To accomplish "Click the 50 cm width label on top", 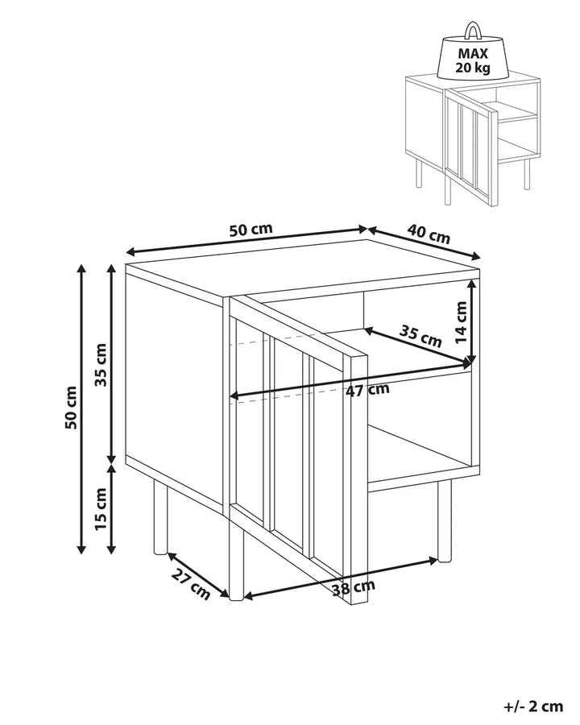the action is (251, 230).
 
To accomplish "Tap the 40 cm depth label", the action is (429, 234).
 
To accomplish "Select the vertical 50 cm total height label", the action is (71, 408).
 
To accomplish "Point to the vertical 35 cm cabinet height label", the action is (100, 364).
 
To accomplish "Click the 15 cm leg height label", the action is (100, 508).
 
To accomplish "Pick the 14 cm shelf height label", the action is (461, 322).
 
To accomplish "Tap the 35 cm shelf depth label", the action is (420, 336).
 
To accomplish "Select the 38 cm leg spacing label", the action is (354, 588).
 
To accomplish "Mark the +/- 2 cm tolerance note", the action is (533, 706).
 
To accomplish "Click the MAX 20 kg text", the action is (473, 60).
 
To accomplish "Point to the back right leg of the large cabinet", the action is (445, 521).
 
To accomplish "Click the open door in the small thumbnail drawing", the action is (470, 147).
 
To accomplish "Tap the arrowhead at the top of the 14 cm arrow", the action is (471, 284).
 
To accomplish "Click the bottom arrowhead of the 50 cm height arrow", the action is (81, 549).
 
